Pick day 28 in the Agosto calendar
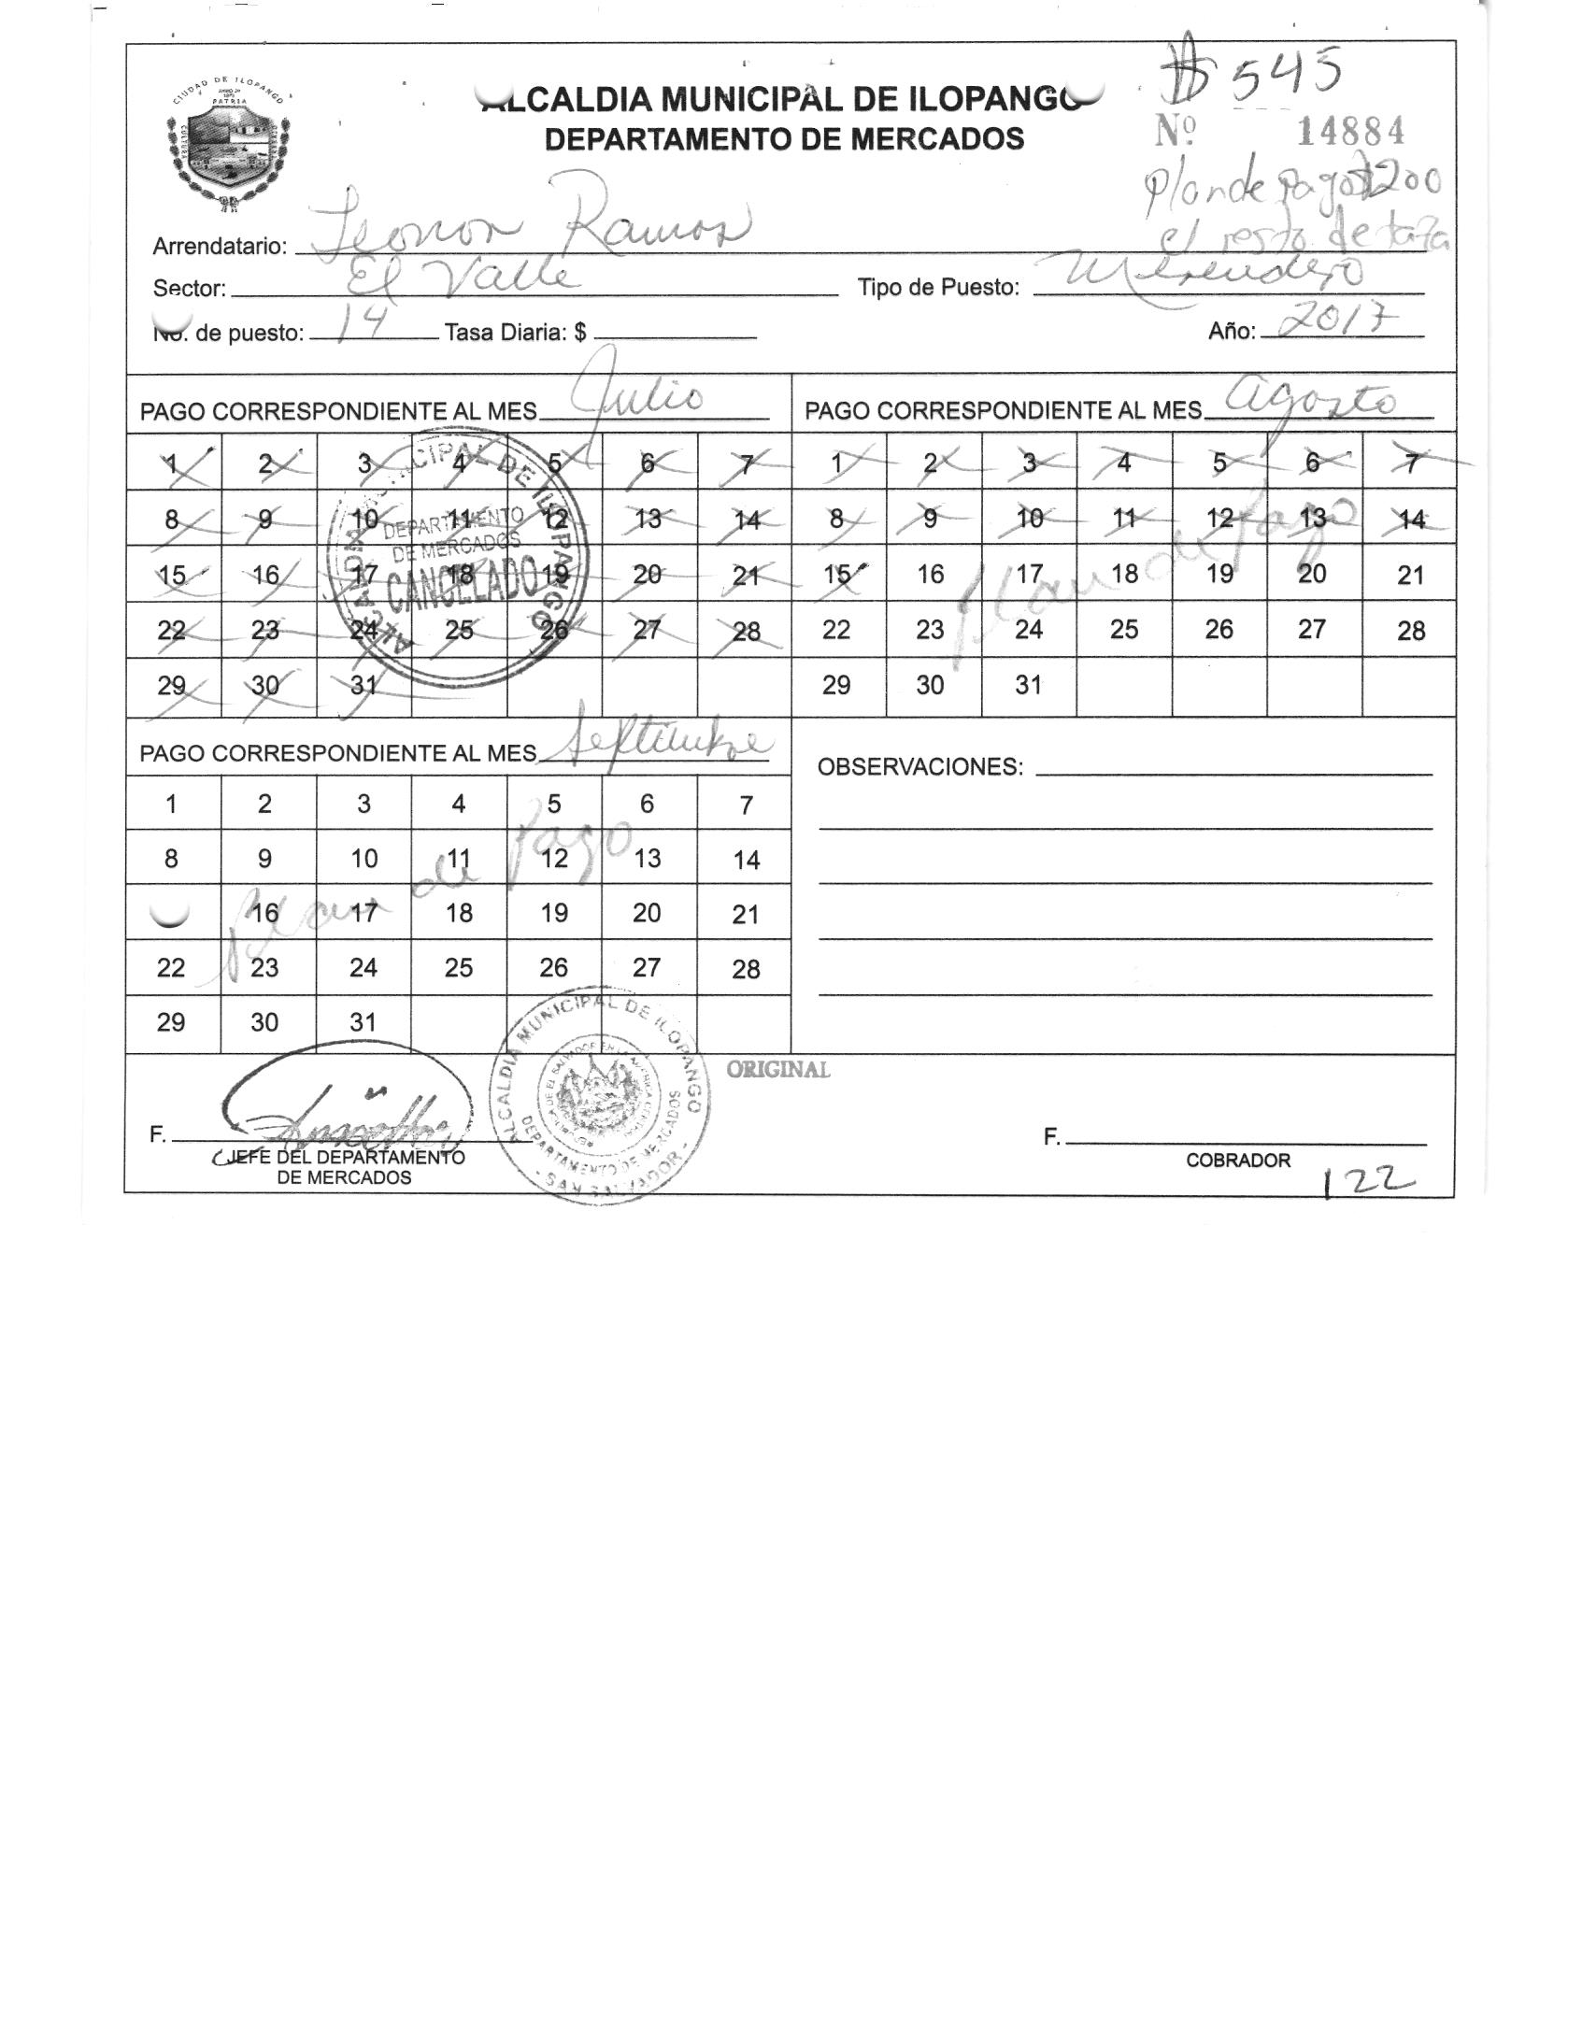point(1411,631)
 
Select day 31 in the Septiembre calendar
point(363,1022)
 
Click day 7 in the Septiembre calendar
point(746,805)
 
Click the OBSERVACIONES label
point(920,768)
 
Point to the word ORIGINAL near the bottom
point(778,1071)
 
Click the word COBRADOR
point(1238,1161)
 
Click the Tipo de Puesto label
point(938,288)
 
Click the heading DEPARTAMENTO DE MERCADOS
point(784,139)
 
